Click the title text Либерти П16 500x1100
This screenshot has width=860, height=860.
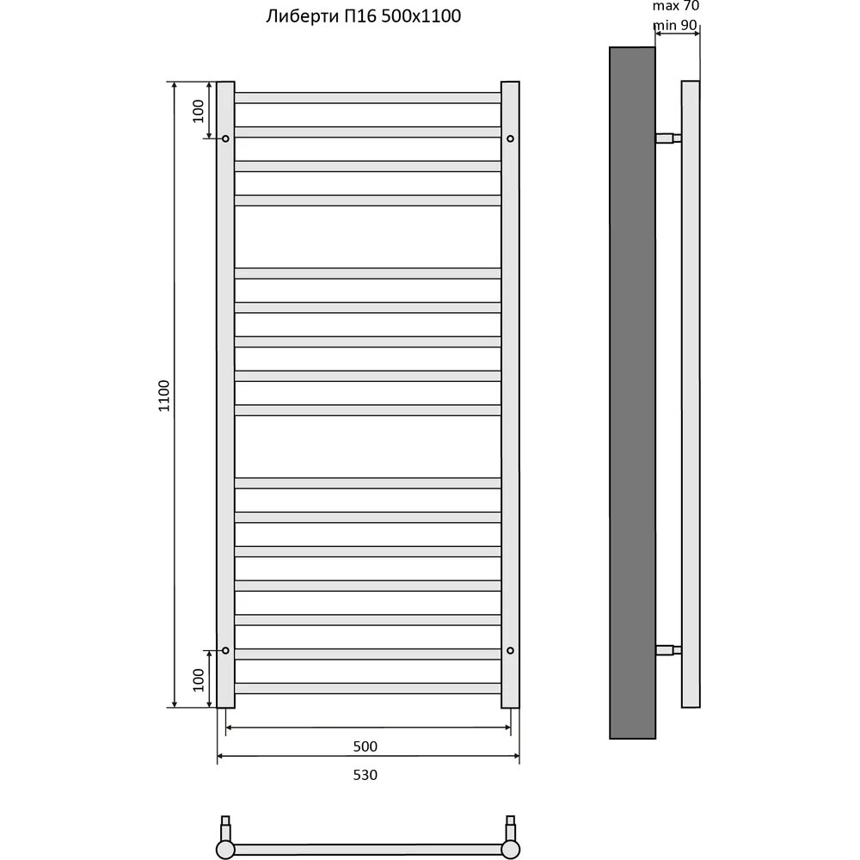pyautogui.click(x=363, y=16)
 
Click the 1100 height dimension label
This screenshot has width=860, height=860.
pyautogui.click(x=164, y=396)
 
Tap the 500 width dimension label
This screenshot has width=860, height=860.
pyautogui.click(x=365, y=746)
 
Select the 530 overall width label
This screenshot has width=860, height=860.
pyautogui.click(x=365, y=775)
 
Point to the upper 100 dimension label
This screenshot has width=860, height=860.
pyautogui.click(x=198, y=111)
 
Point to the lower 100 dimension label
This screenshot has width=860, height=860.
pyautogui.click(x=198, y=680)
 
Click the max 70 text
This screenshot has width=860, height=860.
pyautogui.click(x=676, y=6)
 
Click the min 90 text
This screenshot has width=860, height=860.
pyautogui.click(x=675, y=25)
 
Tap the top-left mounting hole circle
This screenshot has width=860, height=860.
pyautogui.click(x=225, y=138)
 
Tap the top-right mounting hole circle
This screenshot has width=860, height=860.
pyautogui.click(x=510, y=138)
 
